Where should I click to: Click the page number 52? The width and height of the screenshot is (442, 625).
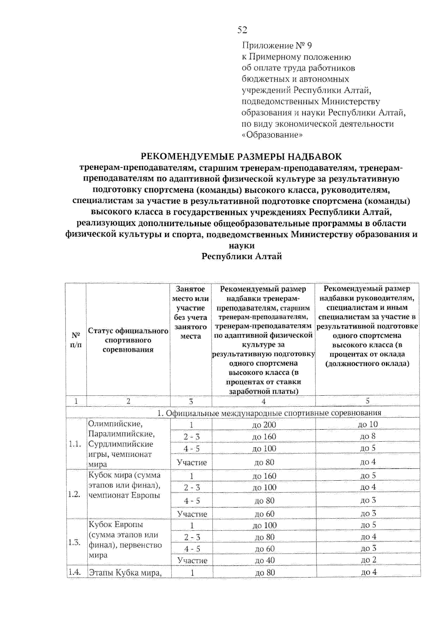click(242, 30)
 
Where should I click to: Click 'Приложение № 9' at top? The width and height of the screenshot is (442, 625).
click(277, 46)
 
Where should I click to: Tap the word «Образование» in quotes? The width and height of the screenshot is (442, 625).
click(272, 135)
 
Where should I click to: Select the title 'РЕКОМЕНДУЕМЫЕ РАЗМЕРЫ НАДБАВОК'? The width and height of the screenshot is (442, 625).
click(242, 157)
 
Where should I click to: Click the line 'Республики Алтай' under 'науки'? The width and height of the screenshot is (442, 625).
click(242, 257)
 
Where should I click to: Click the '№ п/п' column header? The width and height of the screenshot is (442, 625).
click(76, 340)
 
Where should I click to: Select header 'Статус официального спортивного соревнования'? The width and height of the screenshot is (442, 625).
click(128, 340)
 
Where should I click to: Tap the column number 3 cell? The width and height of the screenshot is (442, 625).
click(191, 402)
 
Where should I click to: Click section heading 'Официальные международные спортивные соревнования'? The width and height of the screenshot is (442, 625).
click(269, 413)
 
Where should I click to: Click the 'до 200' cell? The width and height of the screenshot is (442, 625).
click(264, 425)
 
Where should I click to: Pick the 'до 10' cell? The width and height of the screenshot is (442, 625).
click(368, 424)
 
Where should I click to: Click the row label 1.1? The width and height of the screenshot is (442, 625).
click(75, 444)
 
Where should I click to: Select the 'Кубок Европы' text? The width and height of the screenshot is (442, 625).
click(116, 524)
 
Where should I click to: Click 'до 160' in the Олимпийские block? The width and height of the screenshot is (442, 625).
click(264, 437)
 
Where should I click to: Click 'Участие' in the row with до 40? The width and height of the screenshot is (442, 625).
click(192, 561)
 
